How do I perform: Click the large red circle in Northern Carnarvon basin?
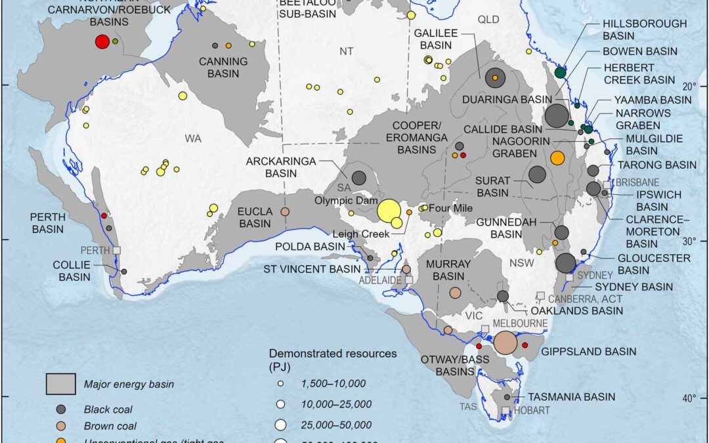click(102, 42)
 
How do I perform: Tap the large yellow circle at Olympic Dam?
click(388, 211)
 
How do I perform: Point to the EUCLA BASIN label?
click(253, 218)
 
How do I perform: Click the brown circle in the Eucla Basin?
click(285, 212)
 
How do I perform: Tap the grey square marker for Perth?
click(117, 250)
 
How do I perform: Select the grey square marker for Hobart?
click(505, 411)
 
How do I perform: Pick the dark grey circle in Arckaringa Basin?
click(358, 177)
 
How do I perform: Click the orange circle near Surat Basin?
click(557, 158)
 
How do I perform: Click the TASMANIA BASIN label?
click(567, 396)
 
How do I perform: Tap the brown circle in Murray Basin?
click(455, 293)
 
